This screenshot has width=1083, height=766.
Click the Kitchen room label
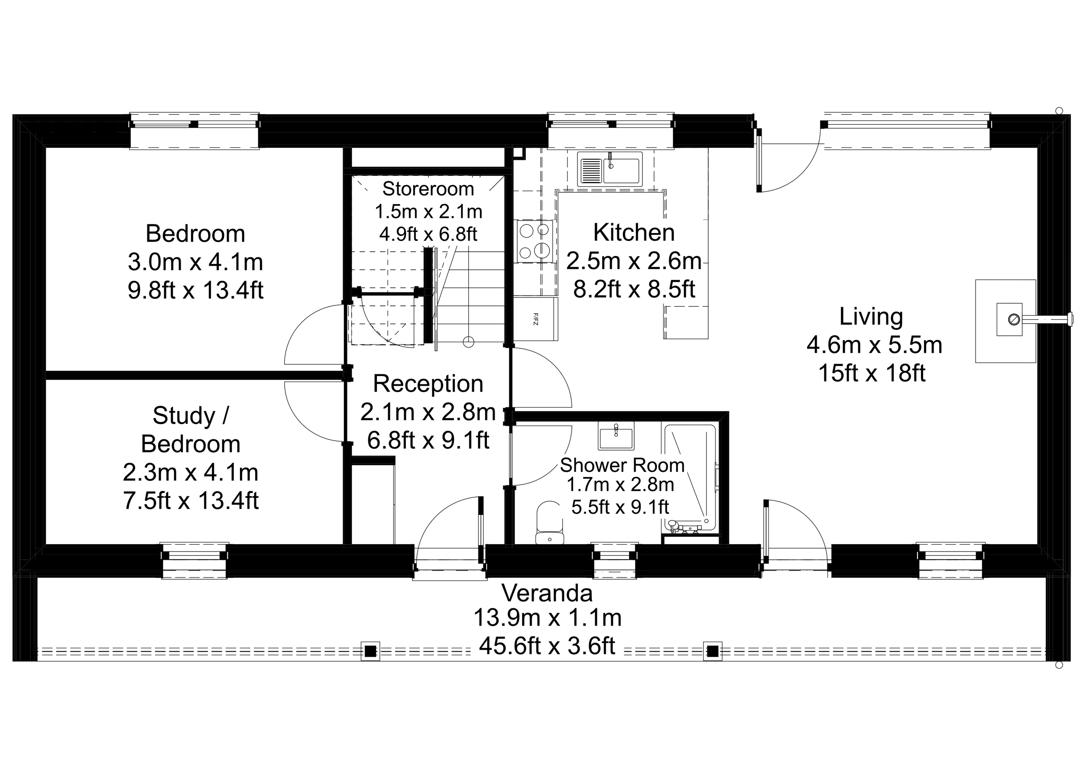[633, 233]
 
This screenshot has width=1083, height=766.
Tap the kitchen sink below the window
[610, 169]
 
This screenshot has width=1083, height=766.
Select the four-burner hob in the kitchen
[535, 240]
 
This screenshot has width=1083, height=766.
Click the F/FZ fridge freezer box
[535, 319]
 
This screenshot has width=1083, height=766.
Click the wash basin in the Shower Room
[616, 436]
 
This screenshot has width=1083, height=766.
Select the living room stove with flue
[1009, 320]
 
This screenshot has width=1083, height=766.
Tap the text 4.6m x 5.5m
[874, 345]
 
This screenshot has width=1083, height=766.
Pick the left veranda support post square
[370, 651]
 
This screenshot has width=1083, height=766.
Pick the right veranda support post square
[713, 651]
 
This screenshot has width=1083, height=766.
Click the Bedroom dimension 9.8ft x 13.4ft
[195, 290]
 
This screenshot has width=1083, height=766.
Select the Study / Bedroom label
[191, 430]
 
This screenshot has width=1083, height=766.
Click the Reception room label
[428, 383]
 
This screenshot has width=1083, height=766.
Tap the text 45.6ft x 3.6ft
[547, 646]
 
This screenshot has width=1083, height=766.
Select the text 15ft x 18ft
[872, 373]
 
